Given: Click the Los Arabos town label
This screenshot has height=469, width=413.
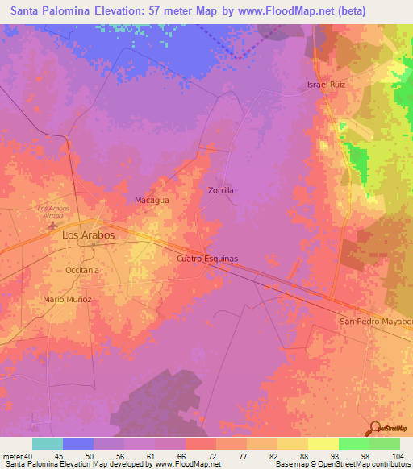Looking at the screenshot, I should pyautogui.click(x=88, y=235).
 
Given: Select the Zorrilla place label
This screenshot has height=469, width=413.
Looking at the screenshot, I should pyautogui.click(x=220, y=190).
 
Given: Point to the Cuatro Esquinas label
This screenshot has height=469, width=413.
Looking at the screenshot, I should pyautogui.click(x=207, y=259).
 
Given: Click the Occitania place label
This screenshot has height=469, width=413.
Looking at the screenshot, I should pyautogui.click(x=82, y=270).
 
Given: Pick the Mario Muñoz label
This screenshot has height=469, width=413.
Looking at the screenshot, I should pyautogui.click(x=68, y=299).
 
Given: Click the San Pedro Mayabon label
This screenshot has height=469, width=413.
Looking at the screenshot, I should pyautogui.click(x=375, y=322).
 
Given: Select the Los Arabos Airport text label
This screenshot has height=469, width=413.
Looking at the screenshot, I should pyautogui.click(x=53, y=211).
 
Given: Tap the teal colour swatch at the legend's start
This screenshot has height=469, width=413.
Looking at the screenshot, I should pyautogui.click(x=47, y=444).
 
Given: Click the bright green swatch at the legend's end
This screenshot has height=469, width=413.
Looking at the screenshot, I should pyautogui.click(x=384, y=444).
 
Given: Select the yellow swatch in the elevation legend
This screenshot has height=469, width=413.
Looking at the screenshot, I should pyautogui.click(x=323, y=444).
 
